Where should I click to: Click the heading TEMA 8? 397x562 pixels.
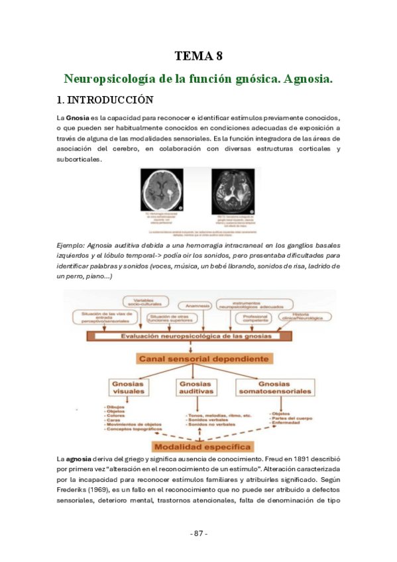[198, 56]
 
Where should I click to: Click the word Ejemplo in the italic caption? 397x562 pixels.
[74, 245]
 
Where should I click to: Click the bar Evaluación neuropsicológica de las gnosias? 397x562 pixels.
[198, 336]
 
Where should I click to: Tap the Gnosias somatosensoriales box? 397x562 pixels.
[283, 388]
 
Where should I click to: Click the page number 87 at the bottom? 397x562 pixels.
[198, 534]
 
